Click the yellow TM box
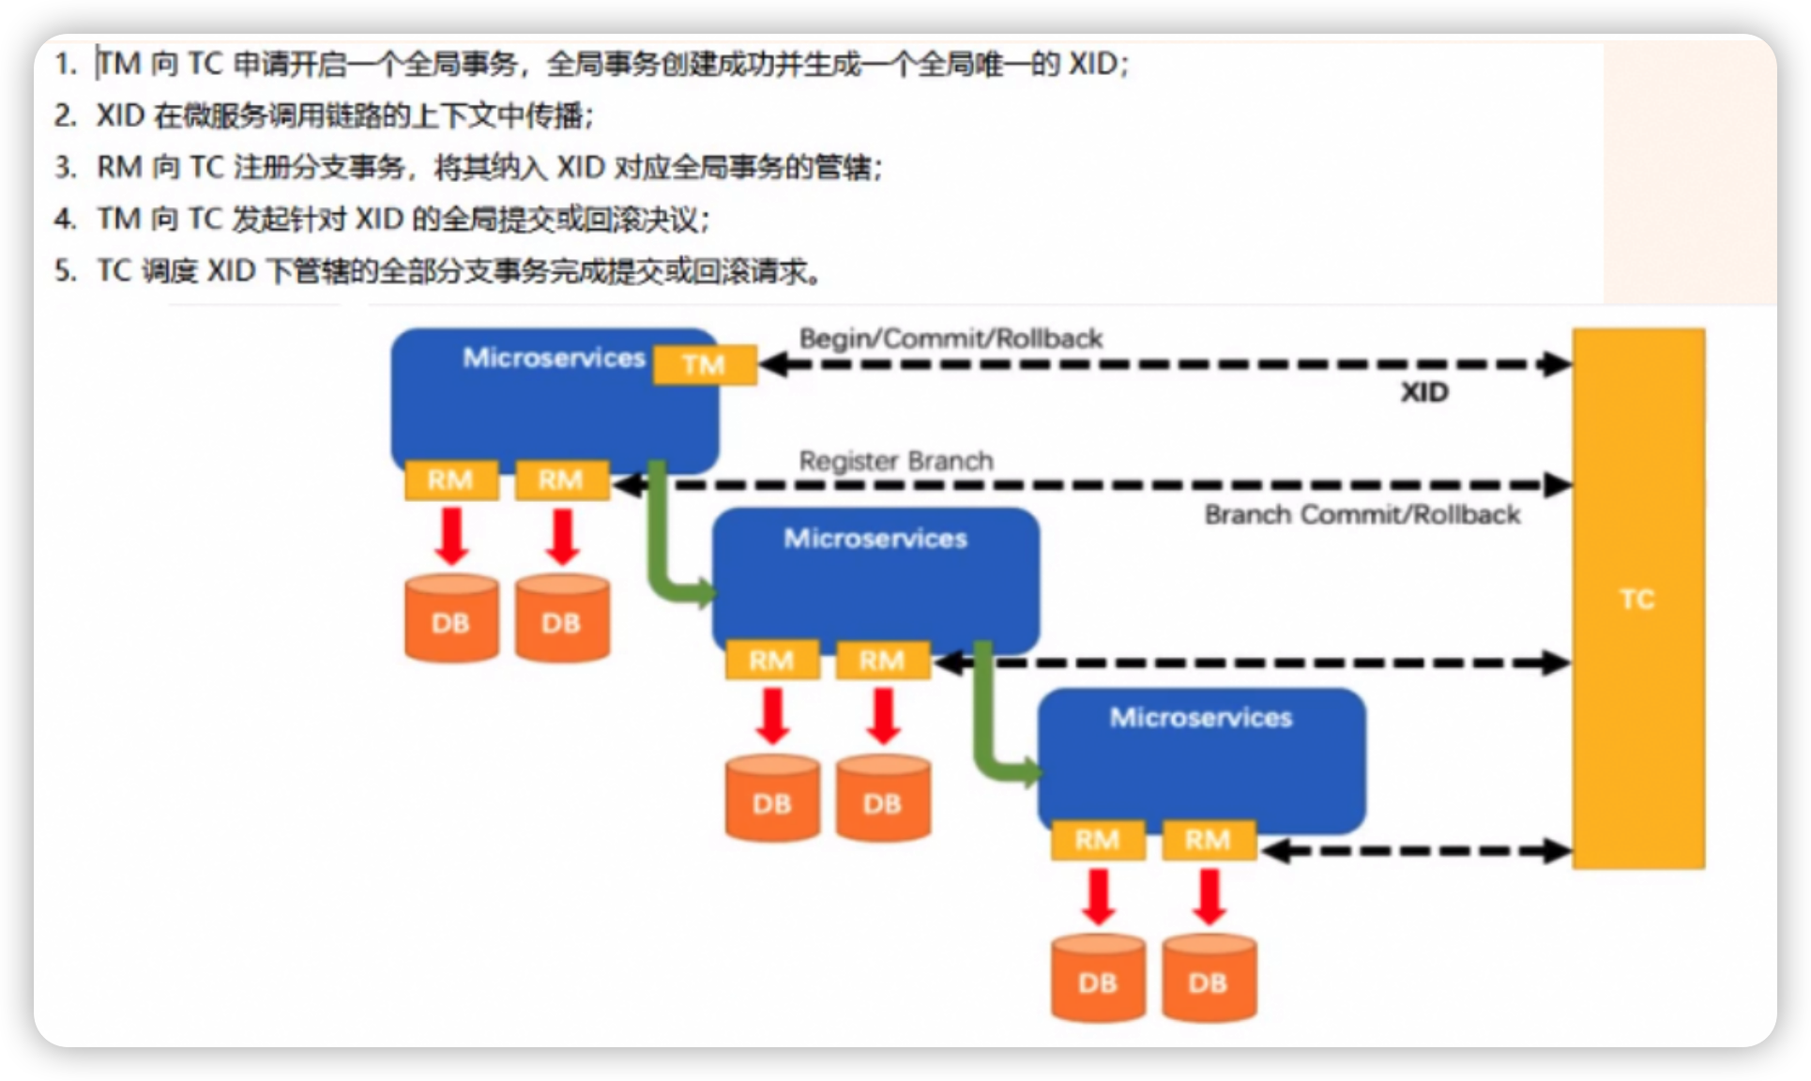click(705, 365)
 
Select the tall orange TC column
click(1638, 599)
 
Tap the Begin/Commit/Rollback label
click(951, 339)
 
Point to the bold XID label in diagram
click(1424, 392)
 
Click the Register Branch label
click(896, 461)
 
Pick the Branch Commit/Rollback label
click(1362, 514)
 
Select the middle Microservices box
click(875, 577)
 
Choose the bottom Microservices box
click(1201, 758)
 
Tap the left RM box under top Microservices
click(450, 480)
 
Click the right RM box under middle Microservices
click(882, 661)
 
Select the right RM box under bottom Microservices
click(1208, 840)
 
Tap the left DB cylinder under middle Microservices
click(772, 799)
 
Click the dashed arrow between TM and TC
click(1164, 364)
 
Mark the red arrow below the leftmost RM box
click(452, 536)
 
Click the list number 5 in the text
click(64, 271)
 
